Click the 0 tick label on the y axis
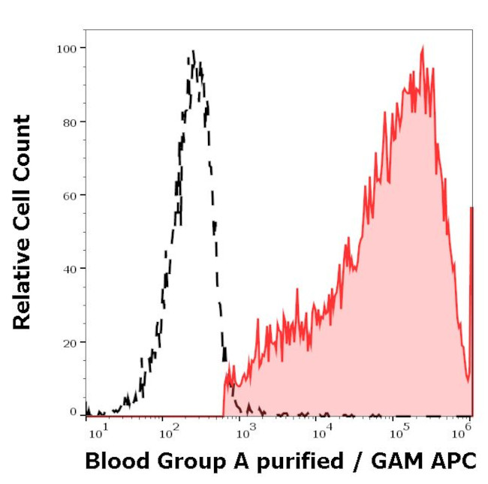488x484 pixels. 73,412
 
